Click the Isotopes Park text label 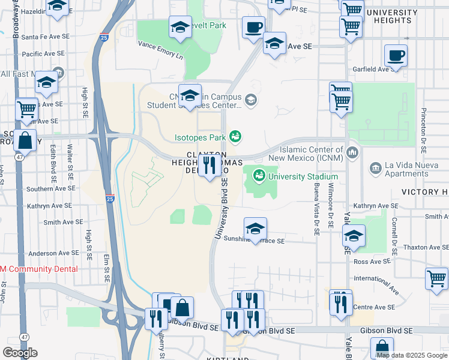point(200,137)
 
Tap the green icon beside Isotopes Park point(236,137)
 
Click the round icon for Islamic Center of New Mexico point(352,151)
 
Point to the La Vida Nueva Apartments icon point(375,166)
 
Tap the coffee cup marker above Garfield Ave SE point(396,56)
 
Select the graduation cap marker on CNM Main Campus point(190,95)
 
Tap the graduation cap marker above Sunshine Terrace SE point(255,229)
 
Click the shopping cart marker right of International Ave point(436,278)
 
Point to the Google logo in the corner point(20,353)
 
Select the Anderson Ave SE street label point(50,254)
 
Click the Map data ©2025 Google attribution point(412,355)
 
